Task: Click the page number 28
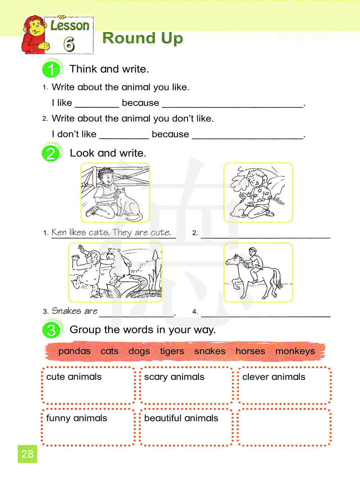click(x=27, y=454)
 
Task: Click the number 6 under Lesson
click(x=69, y=44)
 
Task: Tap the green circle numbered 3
click(x=51, y=330)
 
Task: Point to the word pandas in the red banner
click(x=74, y=351)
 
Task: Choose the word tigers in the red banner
click(x=172, y=351)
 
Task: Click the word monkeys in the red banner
click(x=295, y=351)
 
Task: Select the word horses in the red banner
click(x=250, y=351)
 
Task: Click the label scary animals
click(x=174, y=377)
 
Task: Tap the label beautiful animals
click(x=181, y=418)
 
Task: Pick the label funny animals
click(x=77, y=418)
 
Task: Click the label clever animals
click(x=274, y=377)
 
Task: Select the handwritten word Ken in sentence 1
click(x=59, y=232)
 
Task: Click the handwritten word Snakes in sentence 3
click(x=67, y=311)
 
